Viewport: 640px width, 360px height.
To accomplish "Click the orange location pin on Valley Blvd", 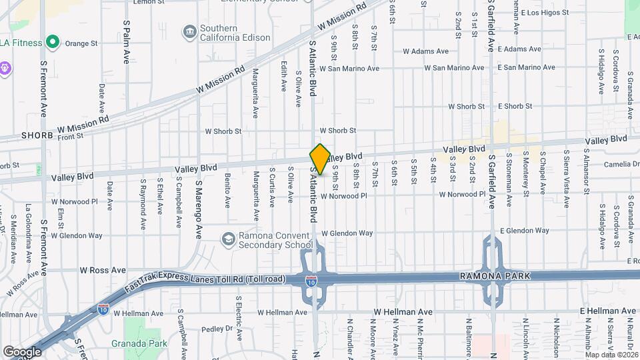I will pos(320,159).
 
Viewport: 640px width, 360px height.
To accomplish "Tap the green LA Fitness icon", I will pos(52,43).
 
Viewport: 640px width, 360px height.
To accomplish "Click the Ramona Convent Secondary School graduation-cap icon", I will pos(228,239).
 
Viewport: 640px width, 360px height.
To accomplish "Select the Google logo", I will pos(21,351).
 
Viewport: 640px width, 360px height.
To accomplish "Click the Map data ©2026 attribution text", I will pos(610,354).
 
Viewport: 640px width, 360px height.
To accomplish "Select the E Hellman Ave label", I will pos(605,311).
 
